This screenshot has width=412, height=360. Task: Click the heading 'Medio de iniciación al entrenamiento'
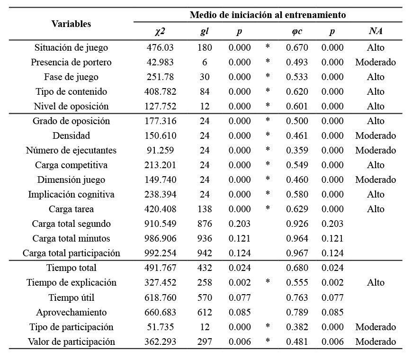click(268, 15)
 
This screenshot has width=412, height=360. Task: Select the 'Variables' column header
click(71, 24)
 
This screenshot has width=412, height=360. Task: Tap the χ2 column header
click(160, 32)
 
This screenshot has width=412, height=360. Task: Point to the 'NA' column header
click(376, 32)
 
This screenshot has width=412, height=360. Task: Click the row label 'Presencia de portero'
click(71, 62)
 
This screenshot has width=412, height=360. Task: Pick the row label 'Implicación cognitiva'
click(71, 194)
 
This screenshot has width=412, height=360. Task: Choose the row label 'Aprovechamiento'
click(71, 312)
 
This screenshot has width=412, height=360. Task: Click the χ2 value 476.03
click(160, 47)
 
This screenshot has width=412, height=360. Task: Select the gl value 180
click(205, 47)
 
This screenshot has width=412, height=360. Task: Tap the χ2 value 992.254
click(160, 253)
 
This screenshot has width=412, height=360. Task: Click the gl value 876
click(205, 224)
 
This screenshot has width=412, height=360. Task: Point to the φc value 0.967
click(297, 253)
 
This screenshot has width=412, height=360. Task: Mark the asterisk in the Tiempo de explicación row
click(268, 282)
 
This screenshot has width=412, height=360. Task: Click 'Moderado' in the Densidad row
click(376, 135)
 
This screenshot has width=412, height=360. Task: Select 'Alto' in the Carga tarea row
click(376, 209)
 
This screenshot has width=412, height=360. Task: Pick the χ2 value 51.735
click(160, 327)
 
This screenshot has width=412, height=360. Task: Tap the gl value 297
click(205, 342)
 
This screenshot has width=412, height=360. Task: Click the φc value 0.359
click(297, 150)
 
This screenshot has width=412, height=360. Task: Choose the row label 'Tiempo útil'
click(71, 297)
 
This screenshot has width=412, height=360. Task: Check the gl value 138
click(205, 209)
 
